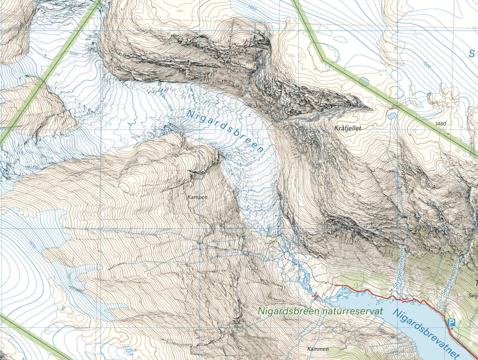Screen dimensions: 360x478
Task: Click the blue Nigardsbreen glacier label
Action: coord(225,132)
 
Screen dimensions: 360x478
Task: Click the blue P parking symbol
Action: coord(451,323)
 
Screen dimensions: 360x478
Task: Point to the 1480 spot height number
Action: coord(441,124)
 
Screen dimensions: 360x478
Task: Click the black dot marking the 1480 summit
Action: coord(449,134)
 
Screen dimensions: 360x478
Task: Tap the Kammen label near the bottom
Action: coord(318,349)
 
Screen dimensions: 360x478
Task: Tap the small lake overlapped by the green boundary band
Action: coord(364,82)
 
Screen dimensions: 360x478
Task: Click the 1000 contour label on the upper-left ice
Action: coord(73,53)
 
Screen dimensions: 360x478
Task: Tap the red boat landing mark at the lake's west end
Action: coord(316,296)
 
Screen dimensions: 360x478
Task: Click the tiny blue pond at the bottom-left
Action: coord(129,350)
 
